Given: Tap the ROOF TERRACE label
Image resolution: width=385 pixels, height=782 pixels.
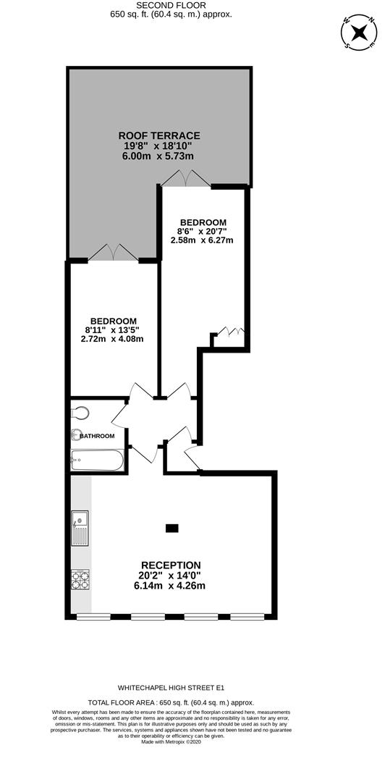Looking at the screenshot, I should [159, 135].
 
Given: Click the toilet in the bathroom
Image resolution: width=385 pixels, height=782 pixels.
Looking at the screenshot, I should [81, 413].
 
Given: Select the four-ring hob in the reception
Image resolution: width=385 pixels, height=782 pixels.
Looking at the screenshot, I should [80, 579].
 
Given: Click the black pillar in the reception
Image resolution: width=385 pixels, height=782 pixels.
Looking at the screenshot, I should [172, 528].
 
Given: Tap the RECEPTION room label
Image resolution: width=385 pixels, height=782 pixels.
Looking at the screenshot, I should [171, 565].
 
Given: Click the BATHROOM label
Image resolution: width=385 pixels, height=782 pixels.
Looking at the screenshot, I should [98, 436].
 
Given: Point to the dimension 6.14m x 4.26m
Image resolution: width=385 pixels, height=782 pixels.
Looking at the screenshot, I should [171, 586].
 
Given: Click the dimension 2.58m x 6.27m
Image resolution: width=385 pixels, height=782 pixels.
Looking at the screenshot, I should [203, 240].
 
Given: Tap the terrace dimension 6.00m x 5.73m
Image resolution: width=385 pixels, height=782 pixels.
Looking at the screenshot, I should [159, 156].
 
